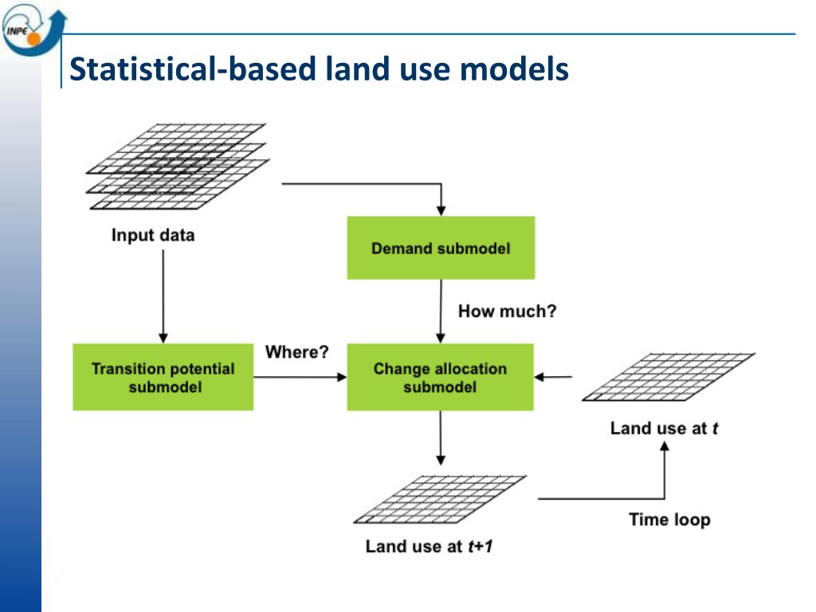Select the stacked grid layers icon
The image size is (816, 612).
point(177,167)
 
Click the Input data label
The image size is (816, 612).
point(152,235)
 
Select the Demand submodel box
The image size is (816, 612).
point(440,248)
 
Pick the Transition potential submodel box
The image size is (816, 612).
point(163,377)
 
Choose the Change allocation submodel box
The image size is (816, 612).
point(440,377)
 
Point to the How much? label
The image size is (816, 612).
point(507,311)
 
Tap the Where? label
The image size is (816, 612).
point(296,351)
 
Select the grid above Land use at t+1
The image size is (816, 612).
point(440,499)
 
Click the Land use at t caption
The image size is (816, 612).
point(665,428)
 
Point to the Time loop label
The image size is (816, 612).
point(669,520)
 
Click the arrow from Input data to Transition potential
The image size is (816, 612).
point(163,295)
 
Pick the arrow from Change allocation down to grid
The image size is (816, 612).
point(440,438)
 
